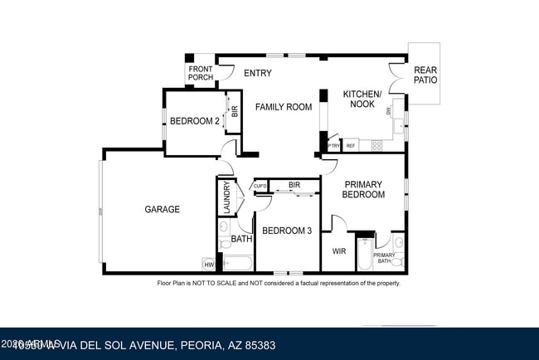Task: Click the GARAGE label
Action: tap(162, 210)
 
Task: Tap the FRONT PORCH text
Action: tap(200, 73)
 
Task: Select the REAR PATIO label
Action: tap(425, 75)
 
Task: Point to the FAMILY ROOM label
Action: tap(283, 107)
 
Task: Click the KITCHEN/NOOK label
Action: tap(362, 100)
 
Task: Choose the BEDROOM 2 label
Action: tap(194, 121)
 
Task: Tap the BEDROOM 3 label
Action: tap(286, 231)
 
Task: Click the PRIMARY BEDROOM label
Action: tap(364, 189)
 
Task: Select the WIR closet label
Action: tap(338, 251)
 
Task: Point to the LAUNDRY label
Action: tap(226, 197)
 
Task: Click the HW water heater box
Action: tap(208, 265)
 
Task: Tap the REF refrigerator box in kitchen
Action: tap(351, 146)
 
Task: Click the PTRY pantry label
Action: tap(333, 146)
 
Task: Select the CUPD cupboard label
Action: tap(260, 186)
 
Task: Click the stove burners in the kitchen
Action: tap(376, 146)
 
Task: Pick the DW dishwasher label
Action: tap(388, 109)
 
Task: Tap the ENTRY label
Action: tap(258, 73)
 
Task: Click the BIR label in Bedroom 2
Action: tap(235, 110)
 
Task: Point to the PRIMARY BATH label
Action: tap(384, 258)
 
